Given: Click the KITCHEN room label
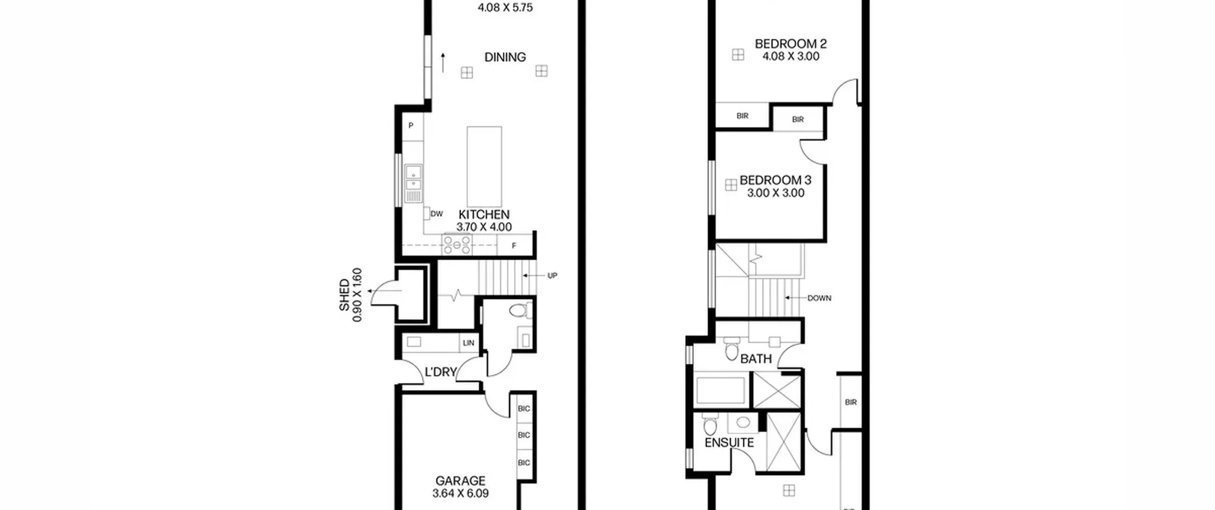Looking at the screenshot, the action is pos(484,214).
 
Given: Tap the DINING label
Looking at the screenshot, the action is pos(505,57).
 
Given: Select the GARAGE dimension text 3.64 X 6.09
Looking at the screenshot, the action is pos(460,493).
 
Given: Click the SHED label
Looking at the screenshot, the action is pos(344,295).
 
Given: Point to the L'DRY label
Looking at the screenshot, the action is pos(440,372).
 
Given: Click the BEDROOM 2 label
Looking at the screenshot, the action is pos(791,44).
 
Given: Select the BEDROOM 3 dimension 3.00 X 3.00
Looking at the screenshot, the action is pos(776,193).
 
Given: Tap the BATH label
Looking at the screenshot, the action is pos(756,359).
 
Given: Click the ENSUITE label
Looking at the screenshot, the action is pos(729,443).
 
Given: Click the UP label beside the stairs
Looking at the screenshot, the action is pos(552,276).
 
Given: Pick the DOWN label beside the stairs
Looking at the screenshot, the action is pos(819,298).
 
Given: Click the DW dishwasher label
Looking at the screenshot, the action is pos(437,214).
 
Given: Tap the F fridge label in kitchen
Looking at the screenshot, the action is pos(514,246).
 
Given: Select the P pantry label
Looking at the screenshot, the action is pos(411,126).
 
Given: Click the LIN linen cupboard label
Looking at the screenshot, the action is pos(468,343).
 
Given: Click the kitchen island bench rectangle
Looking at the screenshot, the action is pos(484,167).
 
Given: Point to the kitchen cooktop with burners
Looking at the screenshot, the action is pos(457,245).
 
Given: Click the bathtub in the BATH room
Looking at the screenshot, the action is pos(720,390).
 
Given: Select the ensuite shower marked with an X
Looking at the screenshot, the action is pos(784,442).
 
